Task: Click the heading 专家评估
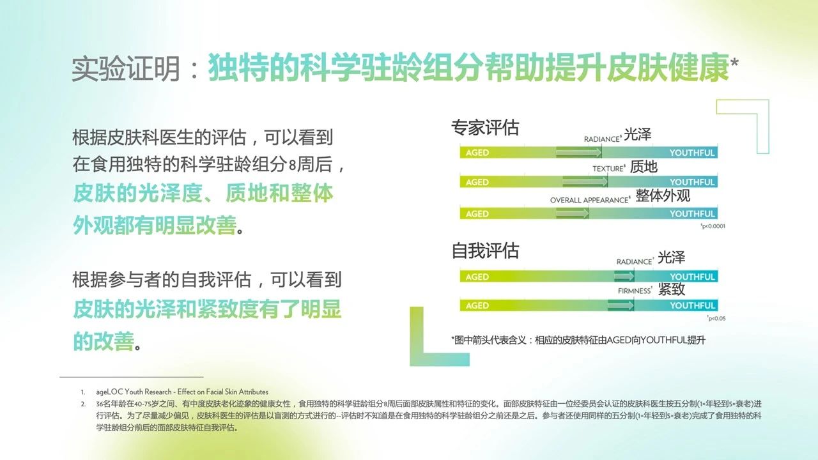pos(485,128)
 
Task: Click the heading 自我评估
pos(485,251)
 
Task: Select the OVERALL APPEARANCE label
pos(590,200)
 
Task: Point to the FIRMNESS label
pos(635,291)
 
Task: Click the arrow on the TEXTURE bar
pos(585,181)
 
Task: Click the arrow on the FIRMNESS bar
pos(621,305)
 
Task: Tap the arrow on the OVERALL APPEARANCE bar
pos(572,213)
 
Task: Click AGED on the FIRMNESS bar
pos(477,305)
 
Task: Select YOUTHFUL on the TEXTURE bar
pos(691,182)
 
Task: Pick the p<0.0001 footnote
pos(713,226)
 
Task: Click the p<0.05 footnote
pos(716,318)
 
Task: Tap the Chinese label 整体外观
pos(663,195)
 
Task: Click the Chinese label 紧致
pos(672,289)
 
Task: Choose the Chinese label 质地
pos(644,167)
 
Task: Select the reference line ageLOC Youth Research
pos(182,392)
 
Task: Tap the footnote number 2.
pos(83,404)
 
